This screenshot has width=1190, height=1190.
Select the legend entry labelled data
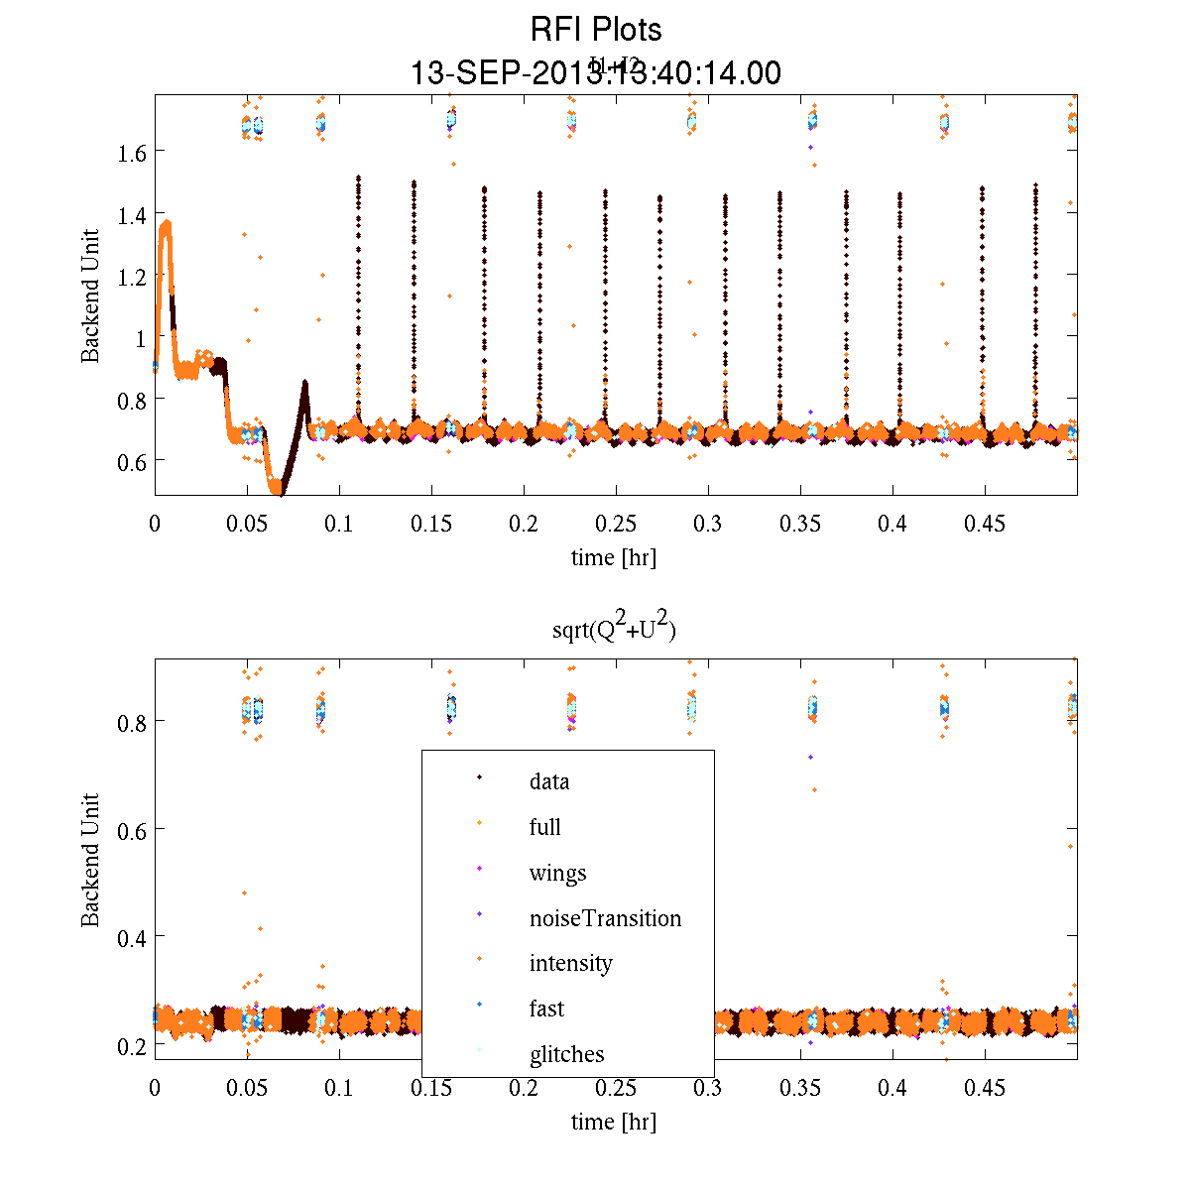coord(549,781)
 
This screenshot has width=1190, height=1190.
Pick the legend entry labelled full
coord(545,827)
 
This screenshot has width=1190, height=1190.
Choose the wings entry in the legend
coord(557,873)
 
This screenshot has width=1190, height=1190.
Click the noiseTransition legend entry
coord(605,918)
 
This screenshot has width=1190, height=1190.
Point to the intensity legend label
coord(570,963)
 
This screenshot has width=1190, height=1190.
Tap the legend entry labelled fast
coord(546,1009)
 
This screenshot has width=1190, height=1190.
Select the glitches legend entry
coord(566,1054)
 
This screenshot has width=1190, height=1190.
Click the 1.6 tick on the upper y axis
coord(133,152)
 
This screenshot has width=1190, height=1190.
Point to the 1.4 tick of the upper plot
coord(133,214)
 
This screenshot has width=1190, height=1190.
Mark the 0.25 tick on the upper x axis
coord(616,524)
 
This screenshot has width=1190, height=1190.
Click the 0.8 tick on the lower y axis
coord(133,722)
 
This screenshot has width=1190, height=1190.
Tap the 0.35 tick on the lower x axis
coord(800,1089)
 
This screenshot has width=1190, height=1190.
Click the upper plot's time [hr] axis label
coord(613,557)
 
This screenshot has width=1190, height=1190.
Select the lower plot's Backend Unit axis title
coord(91,859)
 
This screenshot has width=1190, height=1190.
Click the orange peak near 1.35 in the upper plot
coord(166,226)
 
